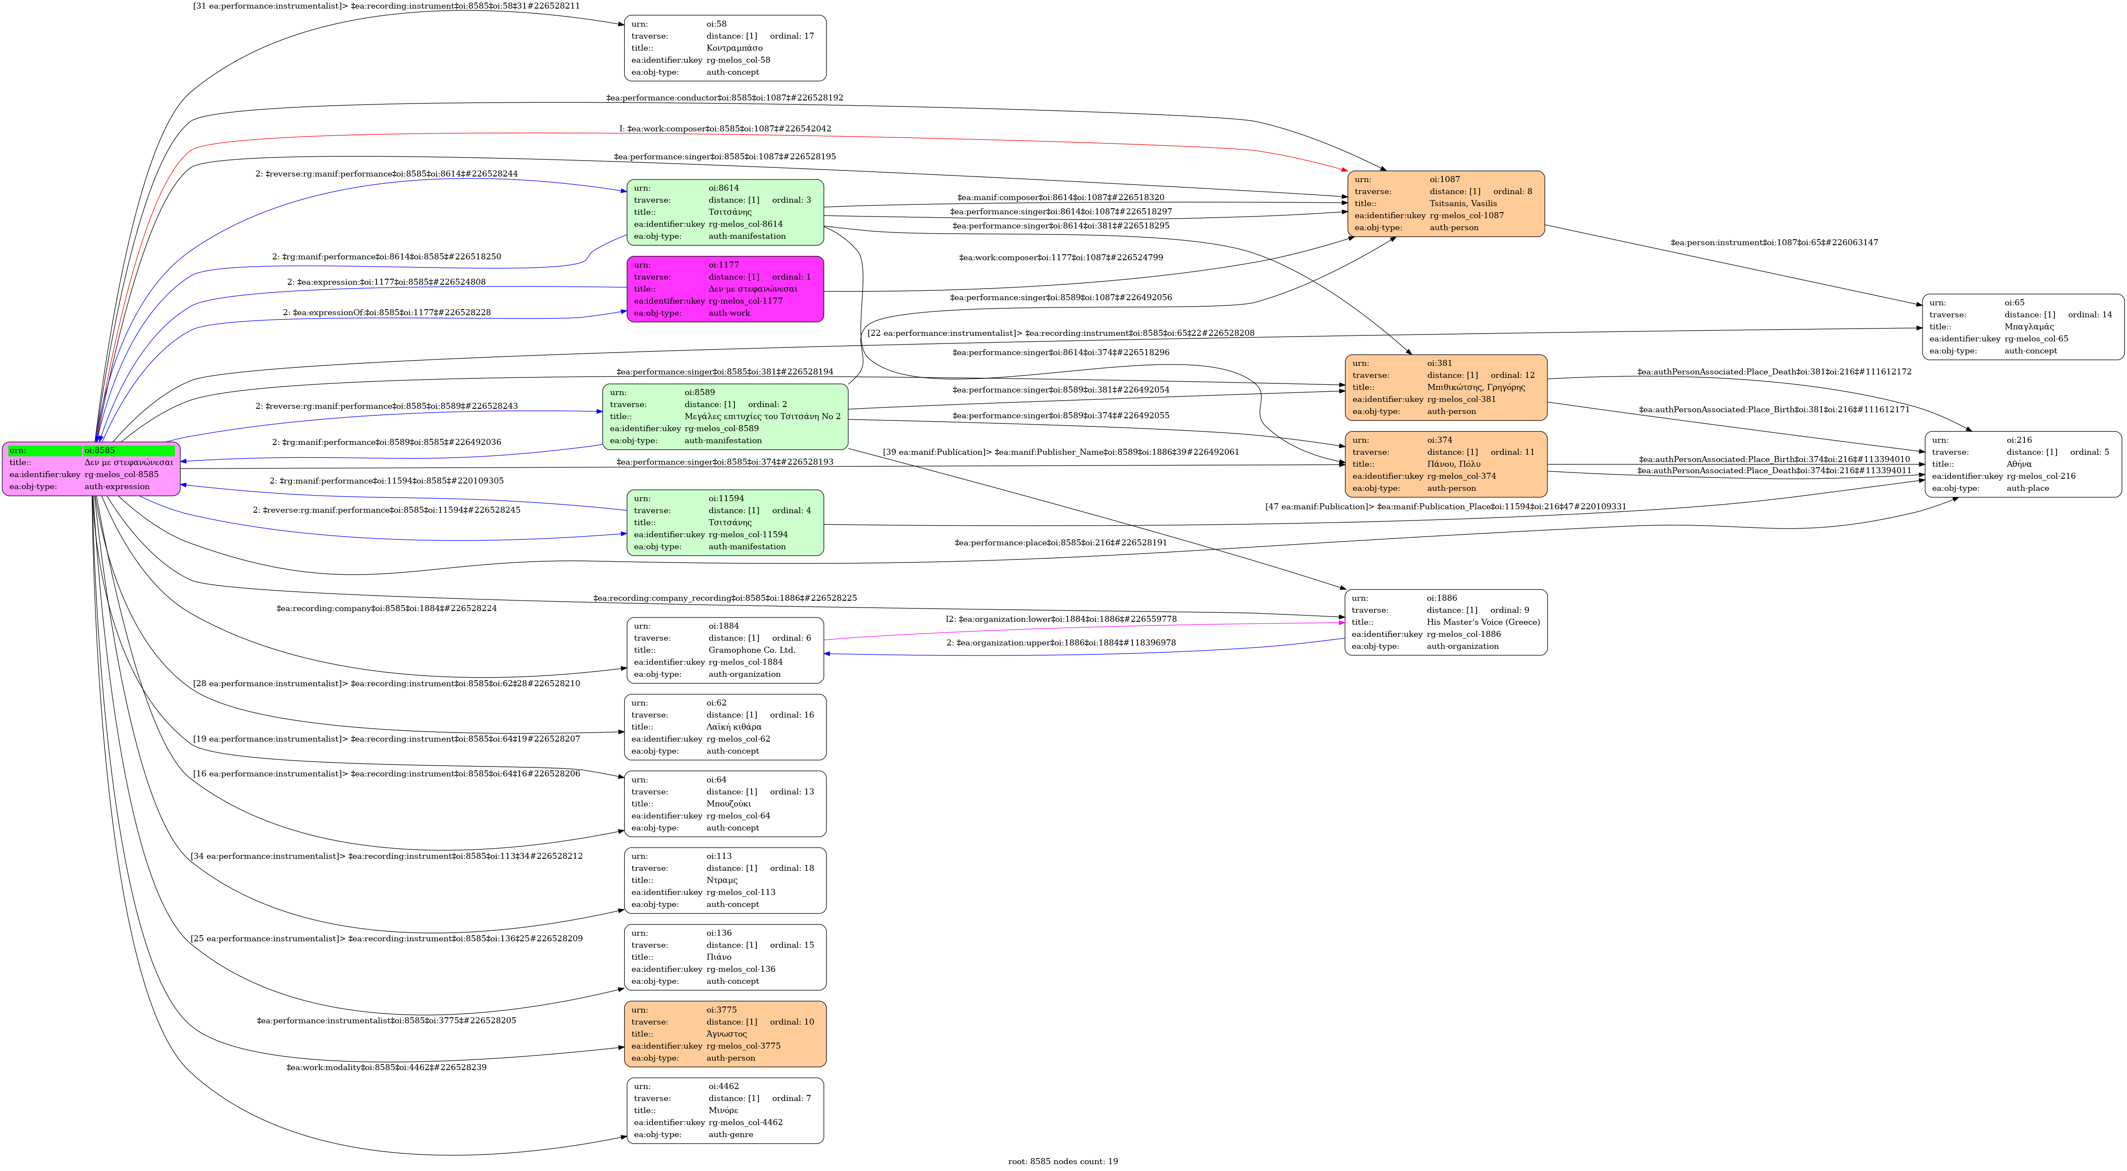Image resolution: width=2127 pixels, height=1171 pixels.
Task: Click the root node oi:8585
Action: pyautogui.click(x=91, y=468)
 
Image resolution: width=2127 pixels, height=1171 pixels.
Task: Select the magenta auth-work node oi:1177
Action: pyautogui.click(x=725, y=289)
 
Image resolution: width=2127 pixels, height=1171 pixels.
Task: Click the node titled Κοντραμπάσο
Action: pyautogui.click(x=725, y=48)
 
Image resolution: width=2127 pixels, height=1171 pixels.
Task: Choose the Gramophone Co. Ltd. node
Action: pyautogui.click(x=725, y=650)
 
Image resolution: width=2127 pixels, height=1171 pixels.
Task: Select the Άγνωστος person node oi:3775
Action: pyautogui.click(x=725, y=1034)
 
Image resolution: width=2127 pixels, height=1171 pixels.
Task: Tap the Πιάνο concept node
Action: pyautogui.click(x=725, y=957)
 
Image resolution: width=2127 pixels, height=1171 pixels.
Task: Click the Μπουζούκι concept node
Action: pyautogui.click(x=725, y=803)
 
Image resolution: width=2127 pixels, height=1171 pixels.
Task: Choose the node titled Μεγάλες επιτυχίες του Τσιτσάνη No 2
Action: pyautogui.click(x=725, y=416)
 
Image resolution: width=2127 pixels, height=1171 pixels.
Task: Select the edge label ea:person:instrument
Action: pyautogui.click(x=1774, y=243)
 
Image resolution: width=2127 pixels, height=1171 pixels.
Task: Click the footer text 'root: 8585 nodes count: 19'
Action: pyautogui.click(x=1063, y=1161)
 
